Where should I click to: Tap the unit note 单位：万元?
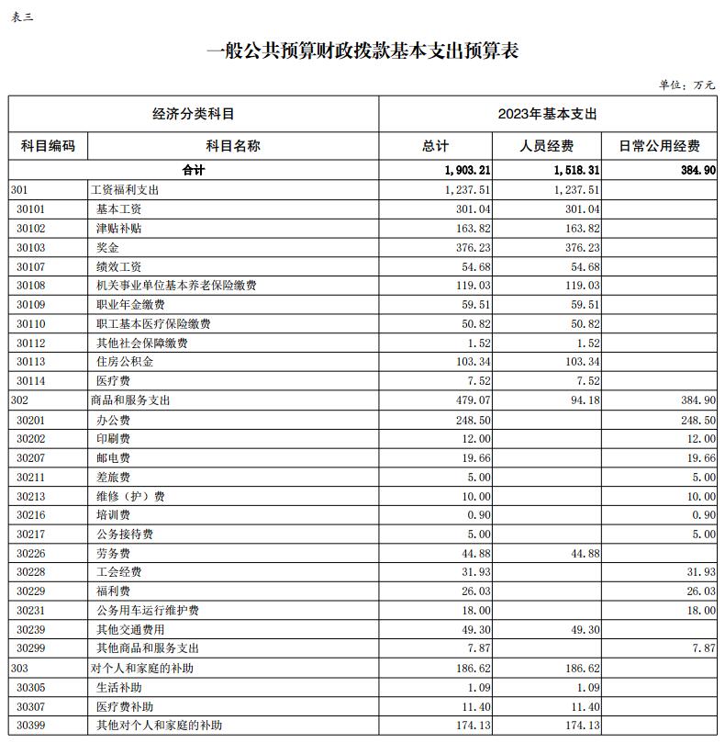pyautogui.click(x=686, y=84)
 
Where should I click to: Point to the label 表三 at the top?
pyautogui.click(x=21, y=17)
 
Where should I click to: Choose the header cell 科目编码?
pyautogui.click(x=48, y=146)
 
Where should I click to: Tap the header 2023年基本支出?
pyautogui.click(x=547, y=114)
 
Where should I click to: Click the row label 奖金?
pyautogui.click(x=107, y=247)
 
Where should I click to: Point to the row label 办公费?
pyautogui.click(x=113, y=419)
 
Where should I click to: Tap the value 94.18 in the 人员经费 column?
pyautogui.click(x=584, y=400)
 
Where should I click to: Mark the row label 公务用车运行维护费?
pyautogui.click(x=148, y=610)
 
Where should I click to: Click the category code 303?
pyautogui.click(x=20, y=668)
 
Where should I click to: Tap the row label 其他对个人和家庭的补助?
pyautogui.click(x=159, y=726)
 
